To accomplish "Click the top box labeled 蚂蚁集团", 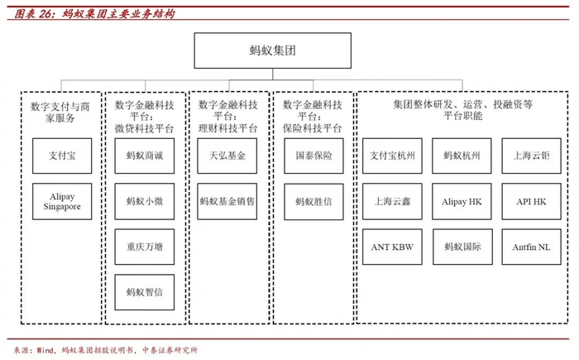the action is [x=272, y=50].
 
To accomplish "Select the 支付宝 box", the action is [x=62, y=156].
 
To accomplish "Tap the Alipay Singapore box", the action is [x=62, y=201].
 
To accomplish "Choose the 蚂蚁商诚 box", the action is [x=145, y=156].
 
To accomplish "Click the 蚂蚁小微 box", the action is [x=145, y=201].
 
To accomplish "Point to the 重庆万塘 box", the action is [x=145, y=247].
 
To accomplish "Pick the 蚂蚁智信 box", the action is [x=145, y=292].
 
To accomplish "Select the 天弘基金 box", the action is [x=227, y=156].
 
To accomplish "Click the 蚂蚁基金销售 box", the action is [x=227, y=201].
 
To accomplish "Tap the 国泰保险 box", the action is [x=313, y=156].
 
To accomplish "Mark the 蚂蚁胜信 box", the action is [x=313, y=202].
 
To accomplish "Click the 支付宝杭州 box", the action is [x=392, y=156].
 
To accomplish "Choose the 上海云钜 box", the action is [x=531, y=156].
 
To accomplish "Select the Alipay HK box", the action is [x=462, y=201].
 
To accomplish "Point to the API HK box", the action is [x=531, y=201].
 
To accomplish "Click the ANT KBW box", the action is [x=392, y=247].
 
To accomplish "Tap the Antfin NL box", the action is [x=531, y=247].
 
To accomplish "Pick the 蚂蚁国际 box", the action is [x=462, y=247].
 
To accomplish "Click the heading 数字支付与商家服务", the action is [x=60, y=113].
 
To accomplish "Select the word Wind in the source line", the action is [x=45, y=349].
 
